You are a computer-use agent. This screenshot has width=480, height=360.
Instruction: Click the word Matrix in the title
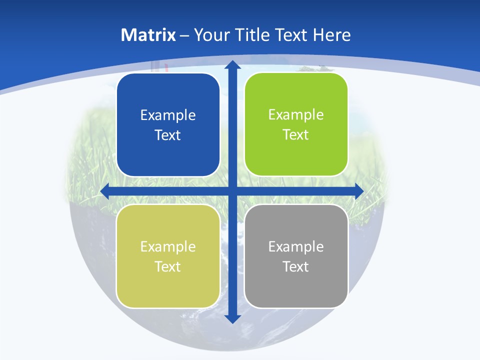(148, 35)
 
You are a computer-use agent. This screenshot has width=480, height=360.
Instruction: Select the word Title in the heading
(253, 35)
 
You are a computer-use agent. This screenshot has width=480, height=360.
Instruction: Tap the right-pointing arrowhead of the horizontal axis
(358, 191)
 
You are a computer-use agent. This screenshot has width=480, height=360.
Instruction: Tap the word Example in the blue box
(168, 115)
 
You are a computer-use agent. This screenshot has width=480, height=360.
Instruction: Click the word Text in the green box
(296, 135)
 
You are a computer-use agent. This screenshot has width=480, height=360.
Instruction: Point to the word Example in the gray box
(296, 246)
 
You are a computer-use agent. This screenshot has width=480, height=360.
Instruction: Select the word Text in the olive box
(168, 266)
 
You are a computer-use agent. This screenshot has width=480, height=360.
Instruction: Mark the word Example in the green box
(296, 115)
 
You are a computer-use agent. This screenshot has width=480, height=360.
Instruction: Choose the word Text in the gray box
(296, 266)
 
